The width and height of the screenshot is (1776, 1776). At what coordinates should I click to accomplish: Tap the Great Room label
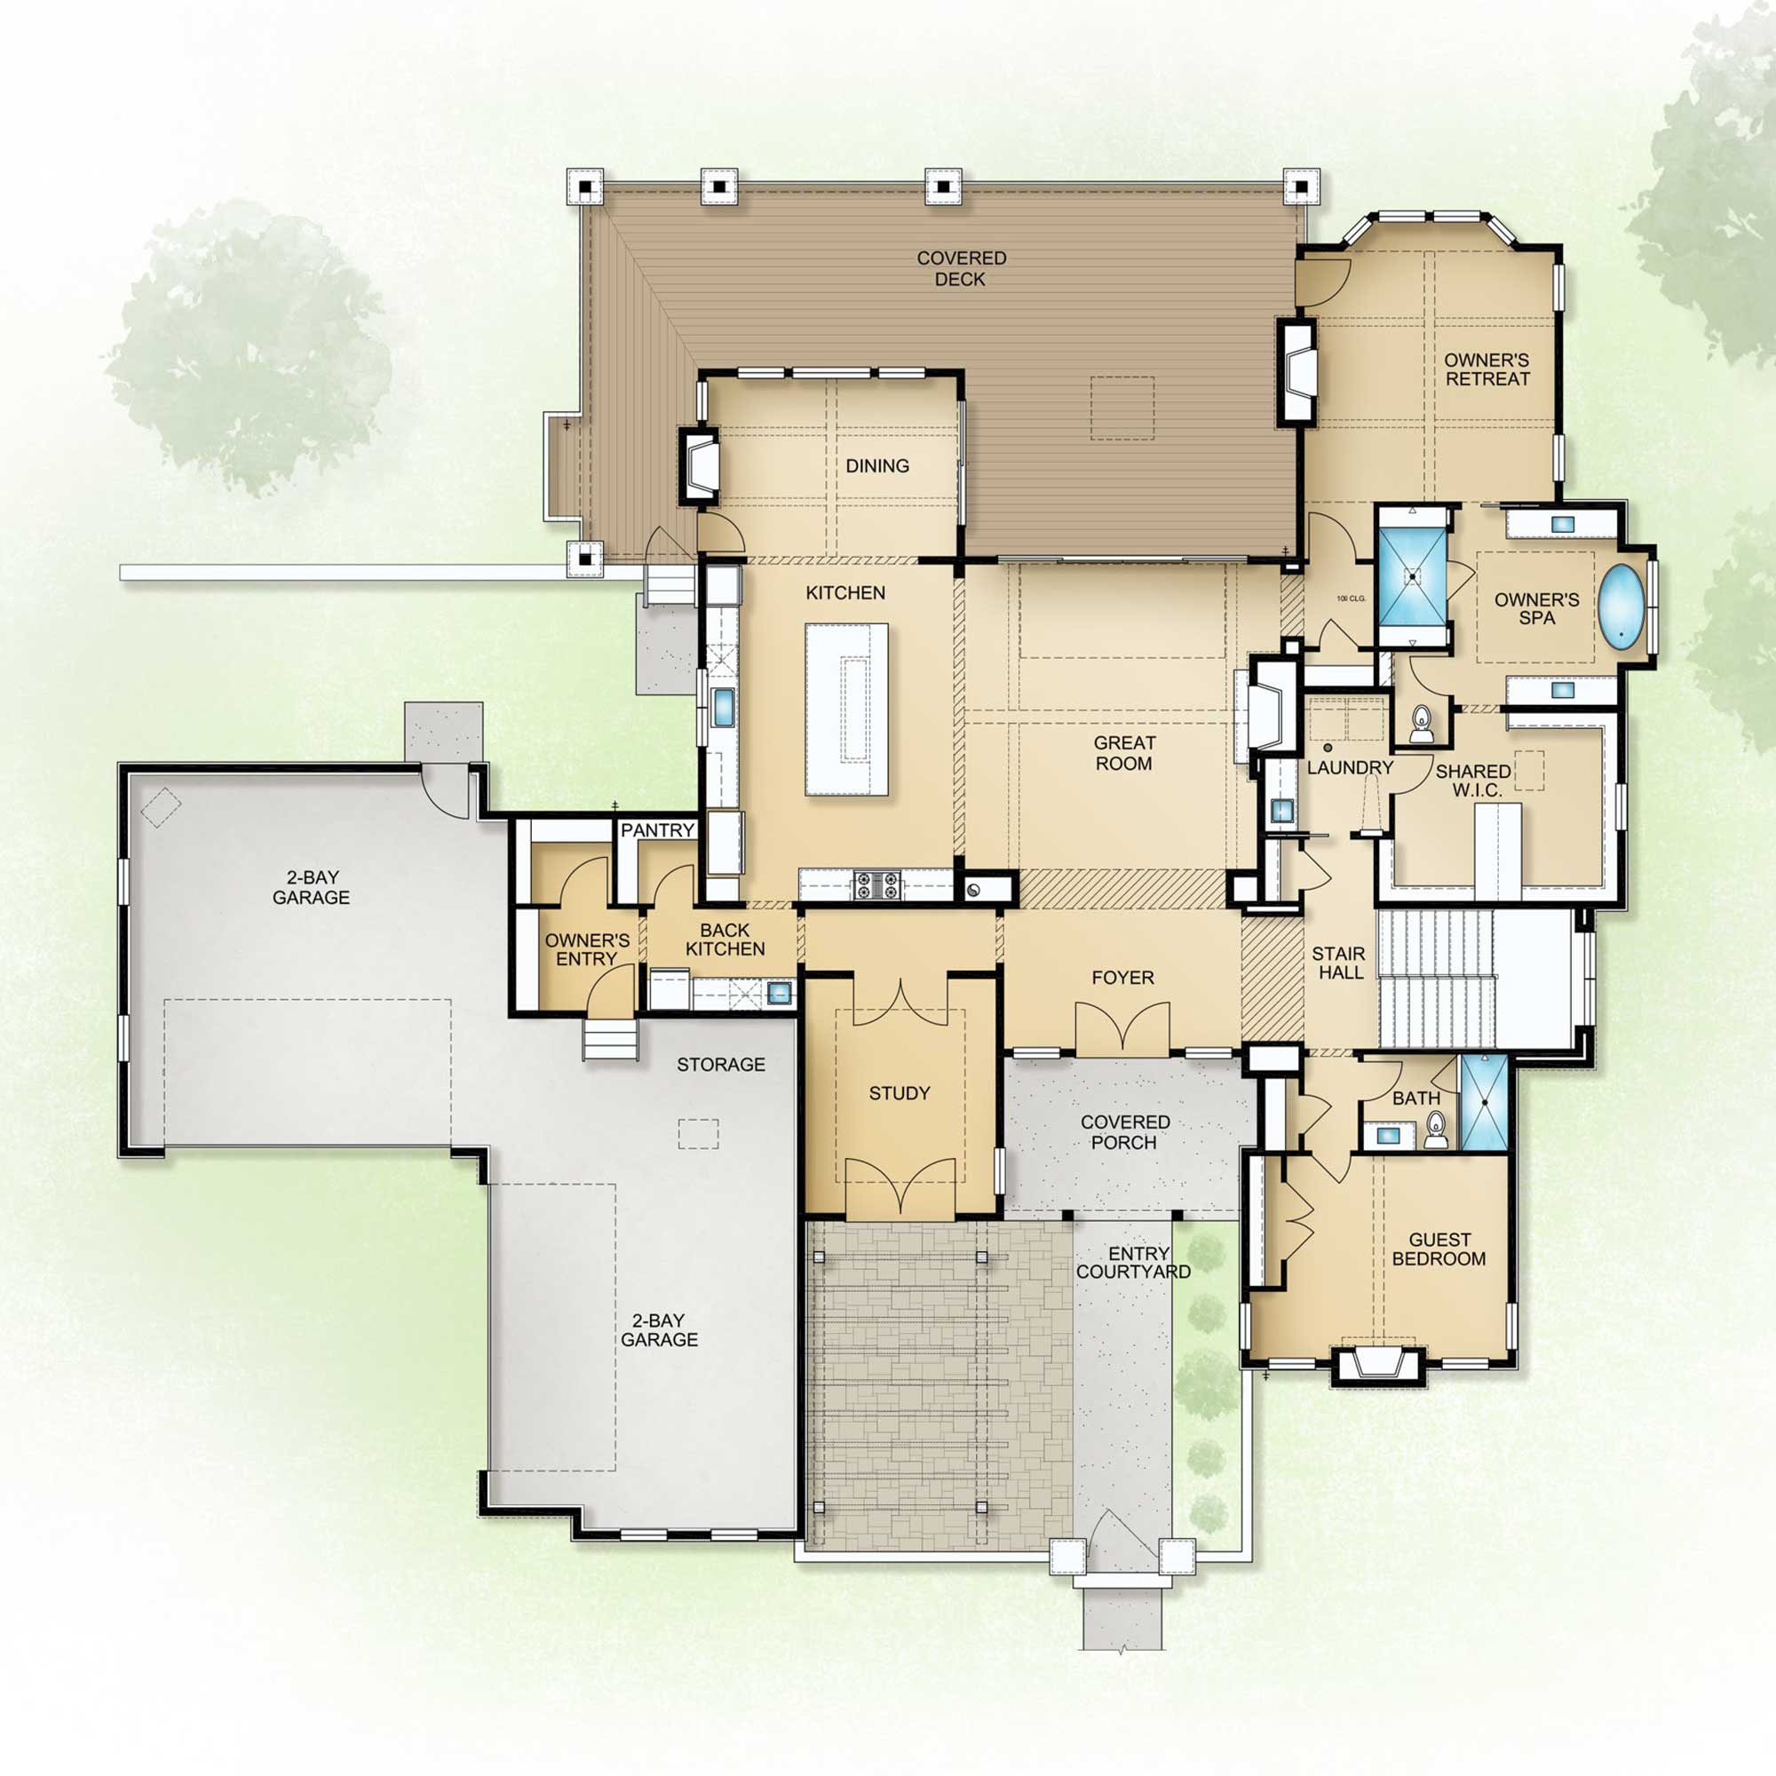1123,753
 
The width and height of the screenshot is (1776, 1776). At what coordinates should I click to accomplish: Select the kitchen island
846,709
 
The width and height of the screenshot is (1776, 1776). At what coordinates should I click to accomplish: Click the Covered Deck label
962,268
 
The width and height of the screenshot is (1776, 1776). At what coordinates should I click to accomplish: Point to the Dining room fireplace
699,465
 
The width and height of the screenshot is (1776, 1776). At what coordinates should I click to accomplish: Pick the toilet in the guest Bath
1436,1130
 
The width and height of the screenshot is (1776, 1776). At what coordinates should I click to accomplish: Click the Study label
899,1093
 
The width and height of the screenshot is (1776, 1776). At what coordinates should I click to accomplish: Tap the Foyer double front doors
1122,1027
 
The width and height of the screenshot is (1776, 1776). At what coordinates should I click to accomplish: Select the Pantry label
657,830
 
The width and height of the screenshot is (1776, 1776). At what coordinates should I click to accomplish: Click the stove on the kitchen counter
876,885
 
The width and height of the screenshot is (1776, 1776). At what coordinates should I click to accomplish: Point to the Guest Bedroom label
1439,1249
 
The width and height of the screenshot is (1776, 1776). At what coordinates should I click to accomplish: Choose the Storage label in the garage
721,1065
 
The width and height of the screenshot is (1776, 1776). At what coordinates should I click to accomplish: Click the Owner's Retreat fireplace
1296,371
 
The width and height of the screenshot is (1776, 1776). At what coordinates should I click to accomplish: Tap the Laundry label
1351,767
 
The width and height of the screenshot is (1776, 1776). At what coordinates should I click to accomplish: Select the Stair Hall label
1339,963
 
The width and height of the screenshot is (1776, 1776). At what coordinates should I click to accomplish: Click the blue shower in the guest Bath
1484,1102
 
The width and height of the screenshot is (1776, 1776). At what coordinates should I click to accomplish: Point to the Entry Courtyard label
1134,1262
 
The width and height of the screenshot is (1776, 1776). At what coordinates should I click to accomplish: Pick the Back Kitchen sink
780,992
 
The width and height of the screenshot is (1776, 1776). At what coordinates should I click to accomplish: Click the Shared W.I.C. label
1472,781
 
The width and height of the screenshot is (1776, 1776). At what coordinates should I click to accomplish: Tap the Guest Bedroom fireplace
1377,1364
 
